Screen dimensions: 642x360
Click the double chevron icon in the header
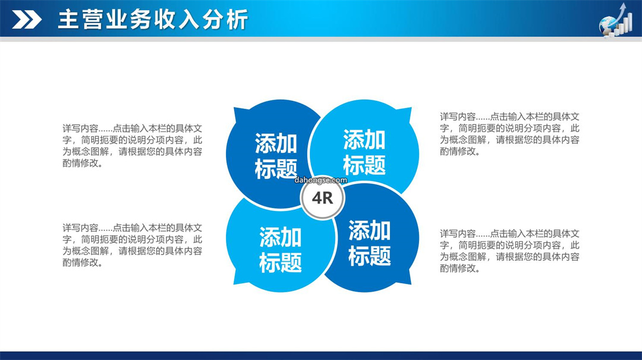27,20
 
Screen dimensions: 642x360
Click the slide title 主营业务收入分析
153,20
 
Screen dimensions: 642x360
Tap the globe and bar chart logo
616,20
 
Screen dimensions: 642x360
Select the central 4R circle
323,198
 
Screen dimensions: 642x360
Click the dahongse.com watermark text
320,179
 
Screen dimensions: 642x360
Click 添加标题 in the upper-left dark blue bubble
276,156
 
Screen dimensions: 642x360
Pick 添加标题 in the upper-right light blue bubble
364,152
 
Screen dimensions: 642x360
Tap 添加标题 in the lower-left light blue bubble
281,250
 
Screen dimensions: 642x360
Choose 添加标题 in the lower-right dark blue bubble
369,243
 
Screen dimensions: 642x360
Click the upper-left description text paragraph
132,146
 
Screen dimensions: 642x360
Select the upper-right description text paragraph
510,134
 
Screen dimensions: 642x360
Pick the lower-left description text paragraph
132,245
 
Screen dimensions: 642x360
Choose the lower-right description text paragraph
510,251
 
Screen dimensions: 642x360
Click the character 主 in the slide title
68,20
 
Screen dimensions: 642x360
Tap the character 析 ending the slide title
237,20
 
